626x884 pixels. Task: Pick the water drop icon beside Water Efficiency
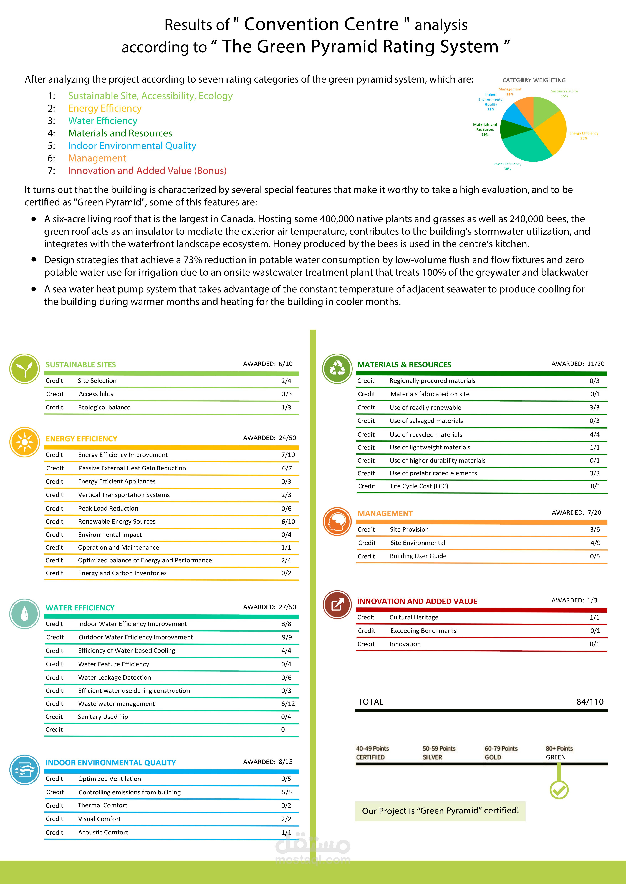24,614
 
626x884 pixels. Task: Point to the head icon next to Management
337,522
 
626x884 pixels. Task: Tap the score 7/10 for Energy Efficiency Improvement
288,455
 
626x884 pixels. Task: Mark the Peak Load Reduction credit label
108,508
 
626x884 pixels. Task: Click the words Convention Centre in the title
321,24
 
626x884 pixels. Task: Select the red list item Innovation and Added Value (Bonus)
147,171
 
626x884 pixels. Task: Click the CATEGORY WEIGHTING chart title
534,80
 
